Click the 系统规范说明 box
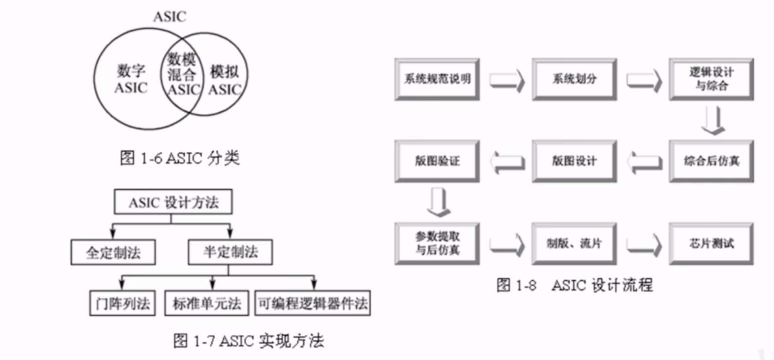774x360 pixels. point(437,79)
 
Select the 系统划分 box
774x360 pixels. point(574,79)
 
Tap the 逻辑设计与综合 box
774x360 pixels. point(711,79)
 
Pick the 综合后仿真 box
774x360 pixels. point(711,161)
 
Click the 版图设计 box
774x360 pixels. point(574,161)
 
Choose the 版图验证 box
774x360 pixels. point(437,161)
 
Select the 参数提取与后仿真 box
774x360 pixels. point(437,243)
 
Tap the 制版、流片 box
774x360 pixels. point(574,243)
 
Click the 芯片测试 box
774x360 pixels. point(711,243)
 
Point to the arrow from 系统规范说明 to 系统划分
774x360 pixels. point(507,80)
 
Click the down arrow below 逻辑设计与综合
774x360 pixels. point(713,121)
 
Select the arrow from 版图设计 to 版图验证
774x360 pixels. point(507,162)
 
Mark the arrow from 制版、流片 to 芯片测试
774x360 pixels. point(644,244)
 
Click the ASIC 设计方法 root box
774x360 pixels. point(173,202)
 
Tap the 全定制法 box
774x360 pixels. point(113,252)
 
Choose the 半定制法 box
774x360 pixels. point(230,252)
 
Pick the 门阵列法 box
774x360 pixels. point(123,303)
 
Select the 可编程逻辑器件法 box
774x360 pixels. point(313,303)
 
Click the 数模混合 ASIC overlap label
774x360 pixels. point(182,74)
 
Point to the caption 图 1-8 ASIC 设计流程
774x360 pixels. point(574,285)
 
